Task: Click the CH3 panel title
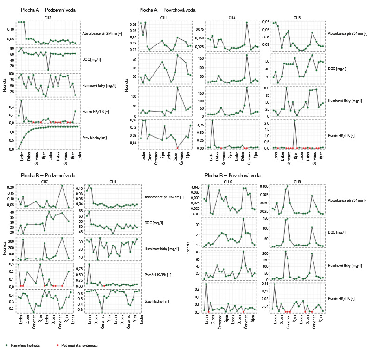pyautogui.click(x=48, y=18)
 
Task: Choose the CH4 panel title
pyautogui.click(x=232, y=18)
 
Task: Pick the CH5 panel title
pyautogui.click(x=297, y=18)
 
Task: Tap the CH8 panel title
pyautogui.click(x=113, y=181)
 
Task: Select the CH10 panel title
pyautogui.click(x=228, y=181)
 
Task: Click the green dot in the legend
pyautogui.click(x=6, y=345)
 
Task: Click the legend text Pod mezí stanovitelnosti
pyautogui.click(x=79, y=345)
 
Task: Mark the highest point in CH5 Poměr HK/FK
pyautogui.click(x=295, y=120)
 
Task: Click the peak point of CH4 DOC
pyautogui.click(x=247, y=55)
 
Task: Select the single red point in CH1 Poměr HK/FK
pyautogui.click(x=177, y=148)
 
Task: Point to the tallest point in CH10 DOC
pyautogui.click(x=243, y=219)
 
